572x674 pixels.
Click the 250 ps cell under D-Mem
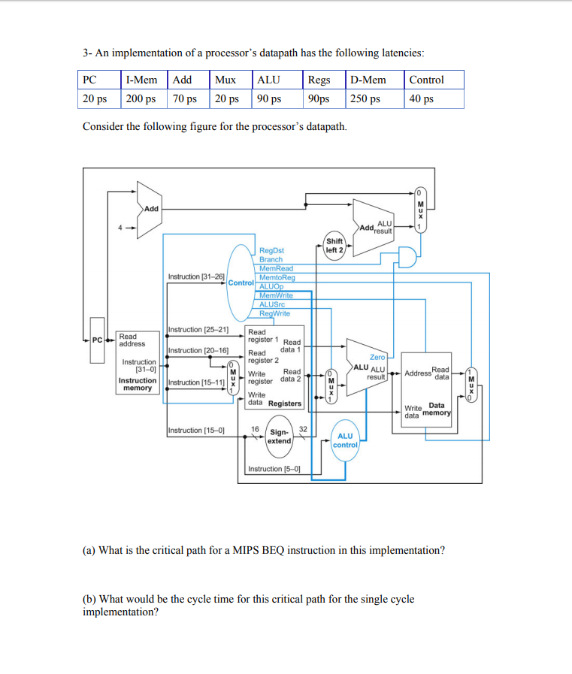click(x=365, y=99)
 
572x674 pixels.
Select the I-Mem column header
click(x=141, y=80)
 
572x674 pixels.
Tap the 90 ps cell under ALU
click(x=269, y=99)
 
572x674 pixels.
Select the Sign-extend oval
click(x=280, y=437)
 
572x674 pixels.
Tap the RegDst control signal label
click(x=271, y=250)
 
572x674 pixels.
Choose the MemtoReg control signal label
click(x=277, y=277)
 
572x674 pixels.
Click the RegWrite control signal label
click(x=275, y=313)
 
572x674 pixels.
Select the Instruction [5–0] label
click(x=274, y=469)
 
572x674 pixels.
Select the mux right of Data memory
click(x=471, y=385)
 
